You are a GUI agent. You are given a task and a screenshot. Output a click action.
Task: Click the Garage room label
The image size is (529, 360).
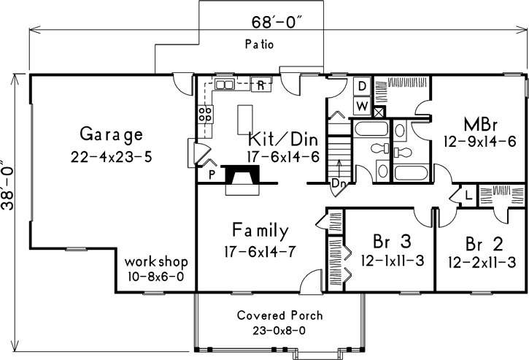pos(111,134)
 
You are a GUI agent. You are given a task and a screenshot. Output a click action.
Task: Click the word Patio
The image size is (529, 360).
pos(259,45)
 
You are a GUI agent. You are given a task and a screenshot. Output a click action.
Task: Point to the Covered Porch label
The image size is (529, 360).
pos(280,316)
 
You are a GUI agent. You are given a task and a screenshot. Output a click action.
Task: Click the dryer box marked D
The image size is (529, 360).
pos(361,86)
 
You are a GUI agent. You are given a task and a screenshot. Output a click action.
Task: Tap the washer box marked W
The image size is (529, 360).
pos(361,106)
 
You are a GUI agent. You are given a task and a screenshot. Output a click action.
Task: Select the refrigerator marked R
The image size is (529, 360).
pos(260,85)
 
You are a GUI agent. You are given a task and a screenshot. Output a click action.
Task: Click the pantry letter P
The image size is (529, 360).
pos(212,175)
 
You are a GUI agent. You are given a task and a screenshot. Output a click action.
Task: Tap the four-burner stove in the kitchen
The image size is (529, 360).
pos(206,114)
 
